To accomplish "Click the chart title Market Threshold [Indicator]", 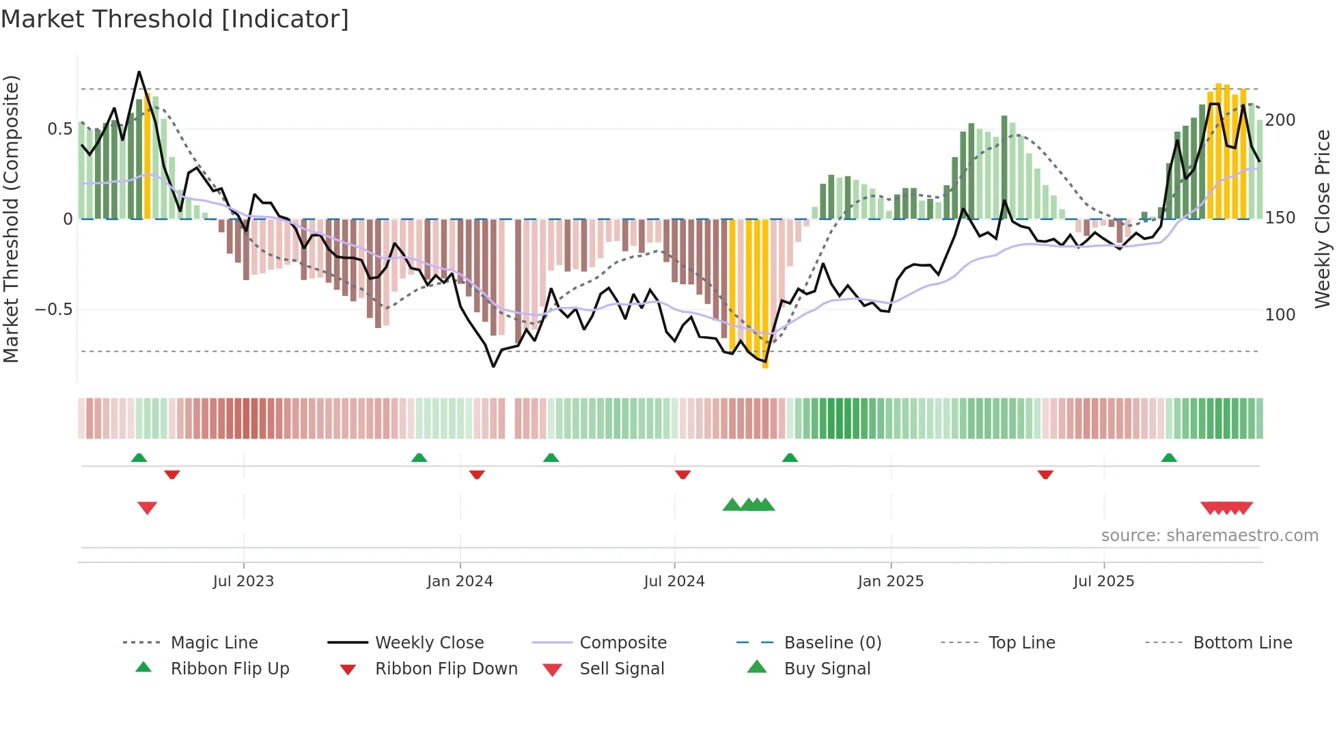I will pos(175,19).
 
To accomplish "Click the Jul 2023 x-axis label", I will pos(243,581).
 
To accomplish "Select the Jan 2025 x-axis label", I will pos(891,581).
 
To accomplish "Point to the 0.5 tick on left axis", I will pos(60,129).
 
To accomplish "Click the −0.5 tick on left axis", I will pos(54,310).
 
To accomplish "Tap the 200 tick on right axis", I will pos(1280,120).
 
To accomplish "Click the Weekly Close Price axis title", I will pos(1323,219).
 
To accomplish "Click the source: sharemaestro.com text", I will pos(1209,536).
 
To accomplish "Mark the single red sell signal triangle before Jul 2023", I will pos(148,508).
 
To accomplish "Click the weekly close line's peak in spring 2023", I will pos(139,72).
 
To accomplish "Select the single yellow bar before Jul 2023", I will pos(148,157).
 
